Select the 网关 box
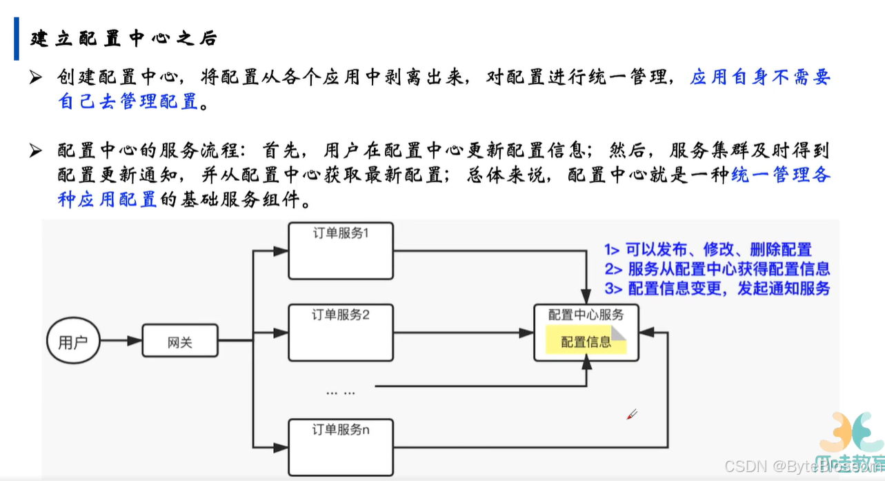pyautogui.click(x=180, y=342)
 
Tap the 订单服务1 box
pyautogui.click(x=341, y=249)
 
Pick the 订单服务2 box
pyautogui.click(x=341, y=333)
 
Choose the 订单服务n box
pyautogui.click(x=341, y=446)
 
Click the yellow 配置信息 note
pyautogui.click(x=586, y=342)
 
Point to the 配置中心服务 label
pyautogui.click(x=586, y=315)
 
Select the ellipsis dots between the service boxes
pyautogui.click(x=341, y=392)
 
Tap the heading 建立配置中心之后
pyautogui.click(x=124, y=39)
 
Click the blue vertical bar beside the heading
pyautogui.click(x=17, y=39)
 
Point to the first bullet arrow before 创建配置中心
pyautogui.click(x=36, y=78)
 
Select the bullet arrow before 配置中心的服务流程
pyautogui.click(x=36, y=151)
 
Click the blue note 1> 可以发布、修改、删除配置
pyautogui.click(x=708, y=250)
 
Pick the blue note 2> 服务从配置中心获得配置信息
pyautogui.click(x=717, y=269)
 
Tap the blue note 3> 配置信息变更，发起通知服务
pyautogui.click(x=717, y=288)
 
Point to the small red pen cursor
pyautogui.click(x=631, y=414)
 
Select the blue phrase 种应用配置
pyautogui.click(x=108, y=200)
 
